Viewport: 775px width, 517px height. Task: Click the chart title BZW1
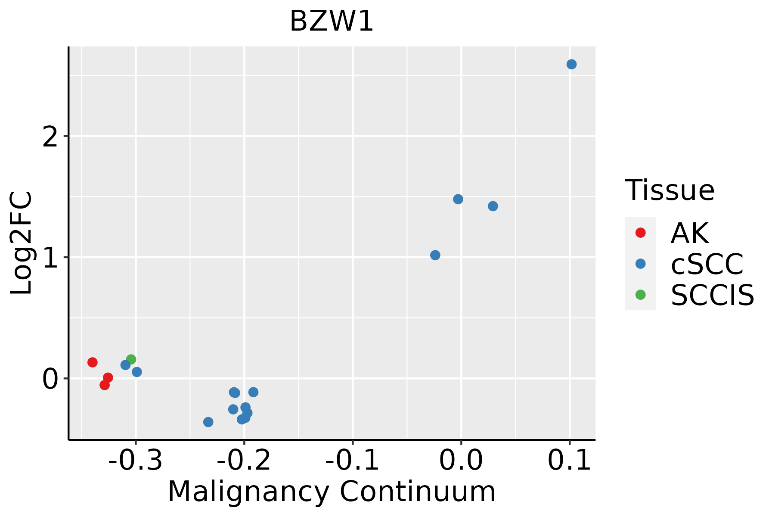click(x=331, y=22)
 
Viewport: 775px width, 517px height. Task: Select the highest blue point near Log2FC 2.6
click(x=571, y=65)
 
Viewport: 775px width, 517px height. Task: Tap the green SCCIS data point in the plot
click(x=131, y=359)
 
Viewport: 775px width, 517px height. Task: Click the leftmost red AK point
click(x=93, y=362)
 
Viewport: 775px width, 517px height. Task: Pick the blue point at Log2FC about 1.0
click(x=435, y=255)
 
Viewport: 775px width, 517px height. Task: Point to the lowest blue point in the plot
click(x=208, y=422)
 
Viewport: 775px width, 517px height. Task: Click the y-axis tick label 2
click(x=50, y=137)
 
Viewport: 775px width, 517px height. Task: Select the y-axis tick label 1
click(x=50, y=258)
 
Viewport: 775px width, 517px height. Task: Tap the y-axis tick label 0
click(x=50, y=380)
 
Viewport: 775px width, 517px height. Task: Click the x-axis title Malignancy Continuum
click(x=332, y=492)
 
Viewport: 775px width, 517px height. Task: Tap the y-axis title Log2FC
click(x=22, y=243)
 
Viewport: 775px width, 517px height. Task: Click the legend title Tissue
click(x=670, y=190)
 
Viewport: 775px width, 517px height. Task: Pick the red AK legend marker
click(x=641, y=233)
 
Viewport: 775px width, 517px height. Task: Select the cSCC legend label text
click(x=707, y=264)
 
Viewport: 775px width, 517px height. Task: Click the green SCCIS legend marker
click(x=641, y=295)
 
